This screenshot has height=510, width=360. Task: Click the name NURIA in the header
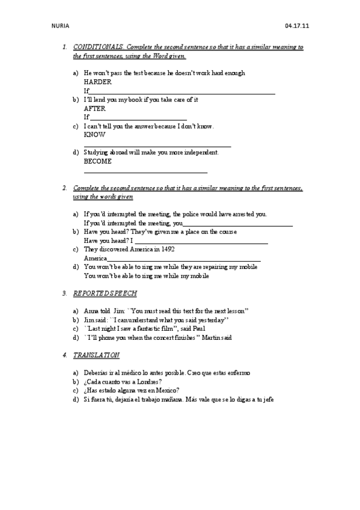tap(61, 26)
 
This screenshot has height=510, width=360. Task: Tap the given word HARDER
tap(97, 82)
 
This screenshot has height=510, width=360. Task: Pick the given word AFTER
tap(94, 108)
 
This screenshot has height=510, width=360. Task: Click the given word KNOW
tap(94, 135)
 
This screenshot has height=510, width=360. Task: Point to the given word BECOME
tap(97, 161)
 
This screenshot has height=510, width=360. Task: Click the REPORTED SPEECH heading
tap(105, 293)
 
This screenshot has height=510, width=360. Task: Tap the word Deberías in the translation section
tap(96, 373)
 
